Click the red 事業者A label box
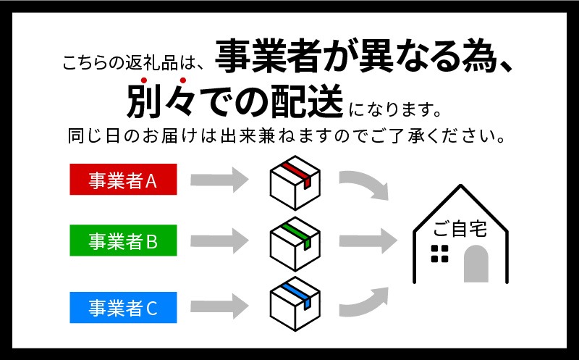(123, 179)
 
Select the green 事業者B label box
(123, 240)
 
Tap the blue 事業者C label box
(123, 308)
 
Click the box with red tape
(295, 183)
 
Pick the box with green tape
(295, 244)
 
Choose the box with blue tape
(295, 304)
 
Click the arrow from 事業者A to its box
(219, 180)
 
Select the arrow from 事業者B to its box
(219, 240)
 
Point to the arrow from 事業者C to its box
(219, 306)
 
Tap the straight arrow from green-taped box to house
(368, 240)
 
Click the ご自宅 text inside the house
(460, 228)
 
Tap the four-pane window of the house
(440, 254)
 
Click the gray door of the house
(476, 264)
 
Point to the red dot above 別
(144, 80)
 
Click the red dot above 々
(183, 80)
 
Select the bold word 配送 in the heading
(307, 101)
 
